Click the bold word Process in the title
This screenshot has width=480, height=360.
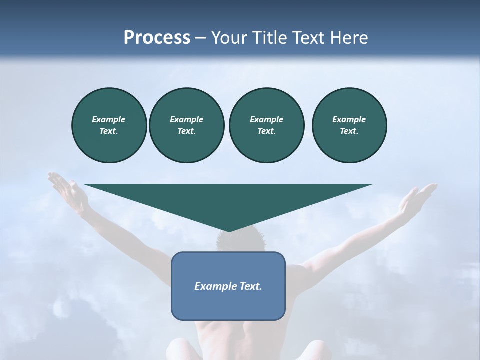[x=157, y=38]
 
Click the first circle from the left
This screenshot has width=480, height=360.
[x=109, y=125]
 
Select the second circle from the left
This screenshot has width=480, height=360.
[x=186, y=125]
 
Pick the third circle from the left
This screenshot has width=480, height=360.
[x=266, y=125]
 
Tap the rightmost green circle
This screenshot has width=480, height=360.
[x=349, y=125]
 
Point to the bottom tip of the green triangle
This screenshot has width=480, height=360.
[x=228, y=230]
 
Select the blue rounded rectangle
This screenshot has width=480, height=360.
[x=228, y=305]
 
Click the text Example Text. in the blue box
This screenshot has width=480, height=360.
[x=228, y=286]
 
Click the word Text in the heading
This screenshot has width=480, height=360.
[x=306, y=38]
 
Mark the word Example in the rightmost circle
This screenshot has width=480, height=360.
[x=349, y=119]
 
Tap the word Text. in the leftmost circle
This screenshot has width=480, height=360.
[x=109, y=131]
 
